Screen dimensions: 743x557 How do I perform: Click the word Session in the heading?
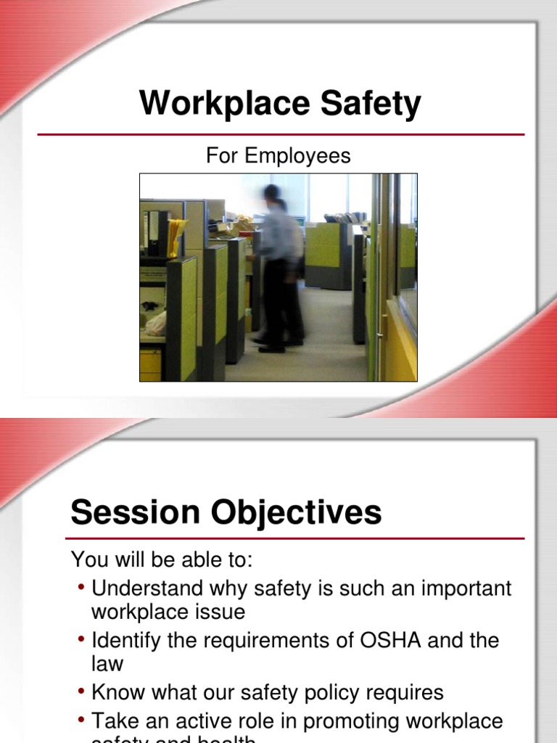point(136,512)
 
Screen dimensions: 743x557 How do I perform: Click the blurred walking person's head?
point(272,194)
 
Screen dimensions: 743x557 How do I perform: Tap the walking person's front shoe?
point(271,348)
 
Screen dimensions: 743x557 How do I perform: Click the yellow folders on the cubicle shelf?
point(176,236)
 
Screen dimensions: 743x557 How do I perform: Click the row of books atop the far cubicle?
point(345,217)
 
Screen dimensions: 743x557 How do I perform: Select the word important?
point(464,588)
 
